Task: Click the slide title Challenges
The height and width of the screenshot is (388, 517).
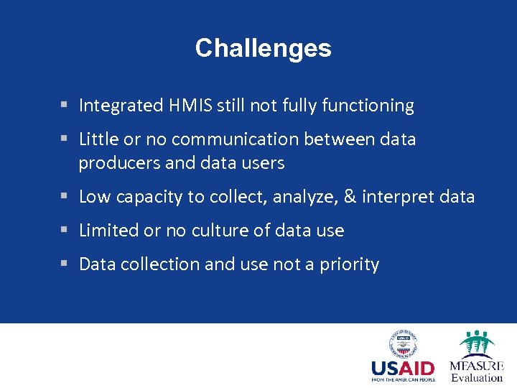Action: (x=263, y=48)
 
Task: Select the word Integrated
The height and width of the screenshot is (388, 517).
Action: (x=121, y=106)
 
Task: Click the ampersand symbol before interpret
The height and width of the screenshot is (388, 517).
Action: (x=351, y=196)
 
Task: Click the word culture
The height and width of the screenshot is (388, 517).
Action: (x=214, y=230)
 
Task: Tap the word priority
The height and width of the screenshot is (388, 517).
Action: (x=349, y=264)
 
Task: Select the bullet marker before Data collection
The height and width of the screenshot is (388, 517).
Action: (x=65, y=264)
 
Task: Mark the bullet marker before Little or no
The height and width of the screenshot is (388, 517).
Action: (x=65, y=139)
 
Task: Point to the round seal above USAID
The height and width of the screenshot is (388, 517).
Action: (x=404, y=343)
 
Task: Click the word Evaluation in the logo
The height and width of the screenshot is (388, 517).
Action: (x=477, y=378)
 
